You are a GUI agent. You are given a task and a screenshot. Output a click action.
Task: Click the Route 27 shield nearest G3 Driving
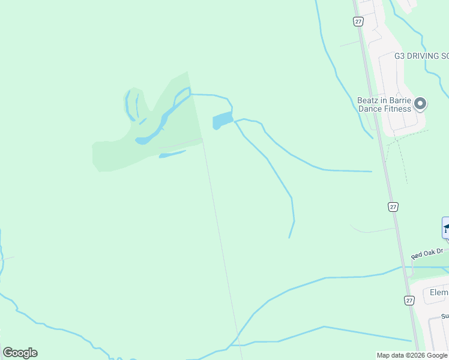point(358,21)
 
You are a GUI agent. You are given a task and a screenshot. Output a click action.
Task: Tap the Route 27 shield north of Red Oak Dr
point(393,206)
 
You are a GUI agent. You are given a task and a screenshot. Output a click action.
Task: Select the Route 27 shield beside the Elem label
point(409,300)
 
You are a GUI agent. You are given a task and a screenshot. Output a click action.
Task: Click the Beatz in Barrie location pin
point(420,104)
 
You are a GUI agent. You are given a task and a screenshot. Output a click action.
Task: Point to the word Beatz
point(369,101)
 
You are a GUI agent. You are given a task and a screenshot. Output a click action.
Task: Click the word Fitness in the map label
point(397,109)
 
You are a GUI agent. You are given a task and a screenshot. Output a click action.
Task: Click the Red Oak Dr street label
point(427,254)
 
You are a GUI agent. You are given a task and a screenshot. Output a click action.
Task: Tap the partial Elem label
point(439,292)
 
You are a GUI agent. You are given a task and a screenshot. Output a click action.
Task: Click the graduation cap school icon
point(446,227)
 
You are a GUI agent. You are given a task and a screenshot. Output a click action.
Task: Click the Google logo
point(20,353)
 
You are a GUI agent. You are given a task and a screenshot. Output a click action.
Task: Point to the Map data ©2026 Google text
point(412,355)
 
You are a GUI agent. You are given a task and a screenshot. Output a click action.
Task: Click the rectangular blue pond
point(222,121)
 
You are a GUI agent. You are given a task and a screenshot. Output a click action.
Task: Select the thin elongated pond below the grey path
point(172,154)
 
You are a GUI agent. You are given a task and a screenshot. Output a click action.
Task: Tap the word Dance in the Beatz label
point(370,109)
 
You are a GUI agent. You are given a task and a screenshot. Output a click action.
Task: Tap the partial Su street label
point(445,316)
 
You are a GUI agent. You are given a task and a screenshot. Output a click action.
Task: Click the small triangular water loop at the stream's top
point(182,94)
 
